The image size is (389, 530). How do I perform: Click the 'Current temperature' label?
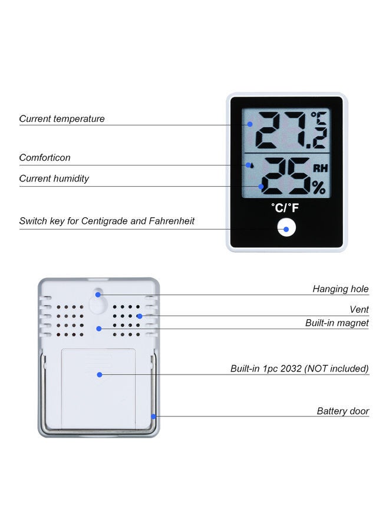[62, 119]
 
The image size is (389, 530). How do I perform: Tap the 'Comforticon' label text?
[45, 158]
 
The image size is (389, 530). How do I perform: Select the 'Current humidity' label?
[54, 178]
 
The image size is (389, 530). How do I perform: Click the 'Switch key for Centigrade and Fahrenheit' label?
[107, 221]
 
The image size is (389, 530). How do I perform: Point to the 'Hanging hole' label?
[340, 289]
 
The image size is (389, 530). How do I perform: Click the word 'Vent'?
[359, 310]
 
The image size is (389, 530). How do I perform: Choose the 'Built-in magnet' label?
[337, 323]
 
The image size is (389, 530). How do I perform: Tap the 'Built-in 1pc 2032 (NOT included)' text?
[299, 369]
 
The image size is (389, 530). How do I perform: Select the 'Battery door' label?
[343, 411]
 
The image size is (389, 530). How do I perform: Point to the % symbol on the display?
[318, 188]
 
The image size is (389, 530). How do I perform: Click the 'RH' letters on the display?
[320, 168]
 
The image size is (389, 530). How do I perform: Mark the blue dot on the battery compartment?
[100, 374]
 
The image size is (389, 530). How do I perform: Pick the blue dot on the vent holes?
[139, 316]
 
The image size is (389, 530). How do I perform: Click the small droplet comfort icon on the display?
[252, 166]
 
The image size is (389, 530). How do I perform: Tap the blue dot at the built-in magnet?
[99, 328]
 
